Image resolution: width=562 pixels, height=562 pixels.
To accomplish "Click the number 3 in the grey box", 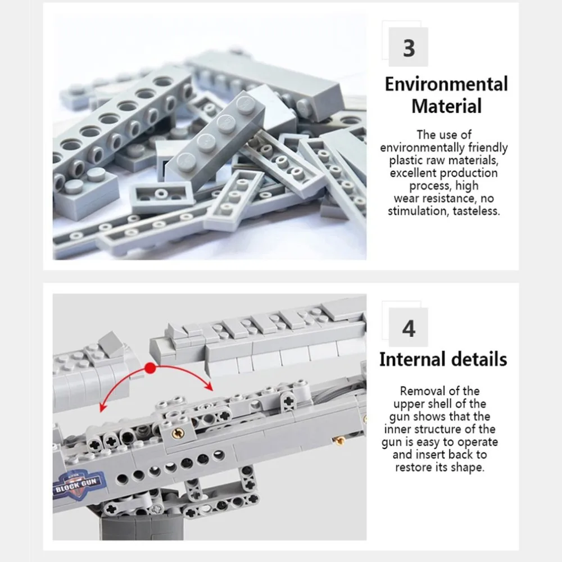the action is coord(409,48).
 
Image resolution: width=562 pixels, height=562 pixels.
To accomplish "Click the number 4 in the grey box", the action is coord(409,328).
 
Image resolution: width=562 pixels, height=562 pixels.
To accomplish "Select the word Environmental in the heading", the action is coord(446,84).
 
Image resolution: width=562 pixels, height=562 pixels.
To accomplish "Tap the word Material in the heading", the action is coord(447,106).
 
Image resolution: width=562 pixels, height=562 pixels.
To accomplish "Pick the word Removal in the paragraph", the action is coord(420,391).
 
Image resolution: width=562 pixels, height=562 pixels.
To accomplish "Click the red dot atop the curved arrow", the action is coord(151,368).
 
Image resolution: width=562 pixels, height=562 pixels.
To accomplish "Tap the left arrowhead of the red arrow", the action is coord(103,407).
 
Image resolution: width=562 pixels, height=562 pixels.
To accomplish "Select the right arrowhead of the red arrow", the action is coord(209,387).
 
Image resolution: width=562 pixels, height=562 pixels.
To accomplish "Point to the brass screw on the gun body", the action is coord(178,434).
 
